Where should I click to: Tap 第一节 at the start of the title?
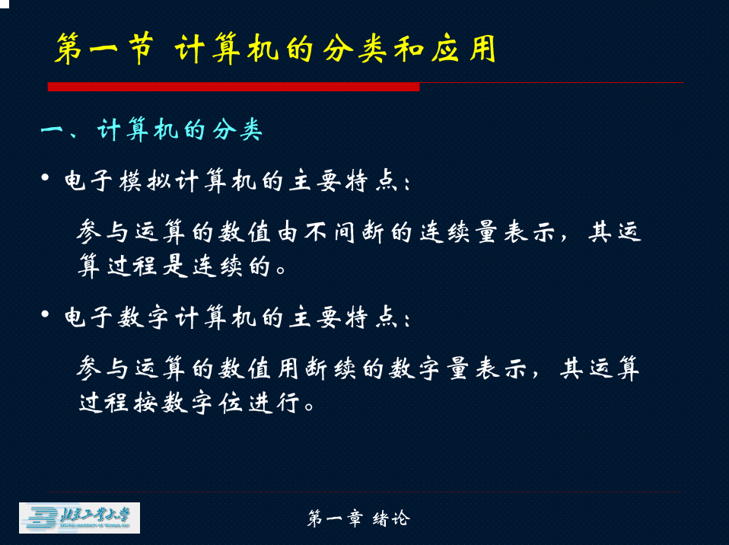pos(104,49)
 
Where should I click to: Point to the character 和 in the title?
pos(409,49)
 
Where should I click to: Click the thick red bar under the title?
pos(234,87)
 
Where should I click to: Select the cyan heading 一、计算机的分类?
pos(151,129)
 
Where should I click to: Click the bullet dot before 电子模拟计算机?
pos(45,177)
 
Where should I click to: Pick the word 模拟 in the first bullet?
pos(145,181)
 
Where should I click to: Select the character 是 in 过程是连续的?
pos(175,266)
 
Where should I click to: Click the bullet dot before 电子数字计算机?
pos(45,314)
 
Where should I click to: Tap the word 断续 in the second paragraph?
pos(330,369)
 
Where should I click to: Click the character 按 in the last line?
pos(145,403)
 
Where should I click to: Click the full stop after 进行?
pos(310,406)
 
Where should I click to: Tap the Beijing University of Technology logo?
pos(79,518)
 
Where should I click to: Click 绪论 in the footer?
pos(391,518)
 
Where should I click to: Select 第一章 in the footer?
pos(334,518)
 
